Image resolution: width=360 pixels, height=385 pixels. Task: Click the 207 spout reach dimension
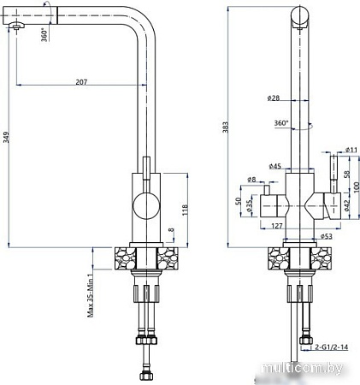[x=81, y=82]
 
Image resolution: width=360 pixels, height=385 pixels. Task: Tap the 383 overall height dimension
[x=227, y=127]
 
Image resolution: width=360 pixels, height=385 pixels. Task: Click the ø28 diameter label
[x=274, y=98]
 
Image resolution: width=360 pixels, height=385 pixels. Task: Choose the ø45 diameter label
[x=274, y=165]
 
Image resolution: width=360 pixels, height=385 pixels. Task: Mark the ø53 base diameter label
[x=326, y=235]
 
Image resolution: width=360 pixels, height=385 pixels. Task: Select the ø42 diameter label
[x=347, y=204]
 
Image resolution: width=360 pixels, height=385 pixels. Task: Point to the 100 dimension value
[x=357, y=187]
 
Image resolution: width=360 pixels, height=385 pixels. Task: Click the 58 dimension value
[x=345, y=174]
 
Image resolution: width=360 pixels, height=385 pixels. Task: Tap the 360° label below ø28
[x=280, y=122]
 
